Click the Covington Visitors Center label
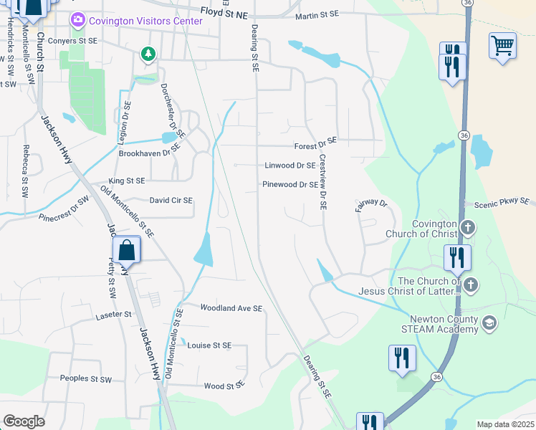point(145,21)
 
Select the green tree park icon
point(148,54)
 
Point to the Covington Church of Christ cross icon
point(467,228)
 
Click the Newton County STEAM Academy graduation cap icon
point(489,323)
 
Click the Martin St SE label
point(316,14)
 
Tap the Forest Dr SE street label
point(315,145)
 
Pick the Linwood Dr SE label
point(290,165)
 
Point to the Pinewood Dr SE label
point(290,184)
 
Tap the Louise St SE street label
point(209,345)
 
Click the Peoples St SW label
point(86,378)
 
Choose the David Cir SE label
point(171,201)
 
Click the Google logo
point(24,421)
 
